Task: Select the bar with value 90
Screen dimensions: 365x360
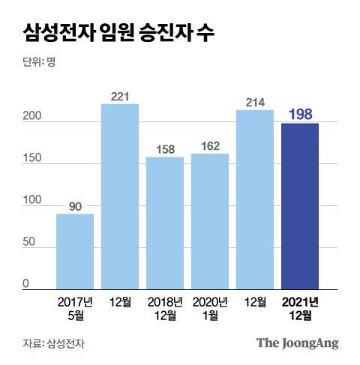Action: pyautogui.click(x=75, y=251)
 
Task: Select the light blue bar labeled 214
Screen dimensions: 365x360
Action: pyautogui.click(x=255, y=199)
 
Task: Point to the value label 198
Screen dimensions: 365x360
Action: pyautogui.click(x=300, y=114)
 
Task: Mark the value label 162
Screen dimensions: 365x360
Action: pyautogui.click(x=210, y=145)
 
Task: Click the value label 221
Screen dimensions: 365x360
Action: pyautogui.click(x=120, y=95)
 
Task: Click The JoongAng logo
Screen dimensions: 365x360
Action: pyautogui.click(x=298, y=343)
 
